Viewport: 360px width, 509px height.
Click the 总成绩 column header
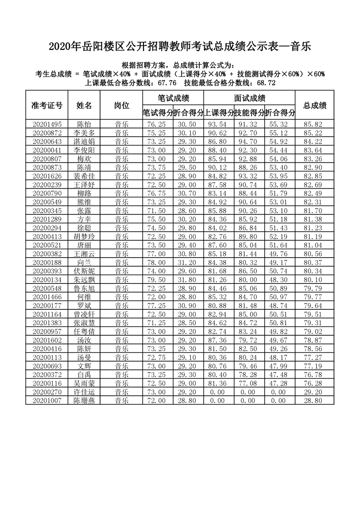tap(315, 105)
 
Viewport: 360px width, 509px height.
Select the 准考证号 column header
tap(47, 105)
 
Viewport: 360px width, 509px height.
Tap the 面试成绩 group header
tap(249, 98)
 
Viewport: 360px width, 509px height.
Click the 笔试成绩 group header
tap(173, 98)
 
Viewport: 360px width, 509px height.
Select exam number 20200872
tap(47, 132)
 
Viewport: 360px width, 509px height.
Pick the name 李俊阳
tap(84, 150)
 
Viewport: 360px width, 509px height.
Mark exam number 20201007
tap(47, 401)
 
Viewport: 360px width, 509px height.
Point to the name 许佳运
tap(84, 392)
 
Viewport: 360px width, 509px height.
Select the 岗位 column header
tap(121, 105)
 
